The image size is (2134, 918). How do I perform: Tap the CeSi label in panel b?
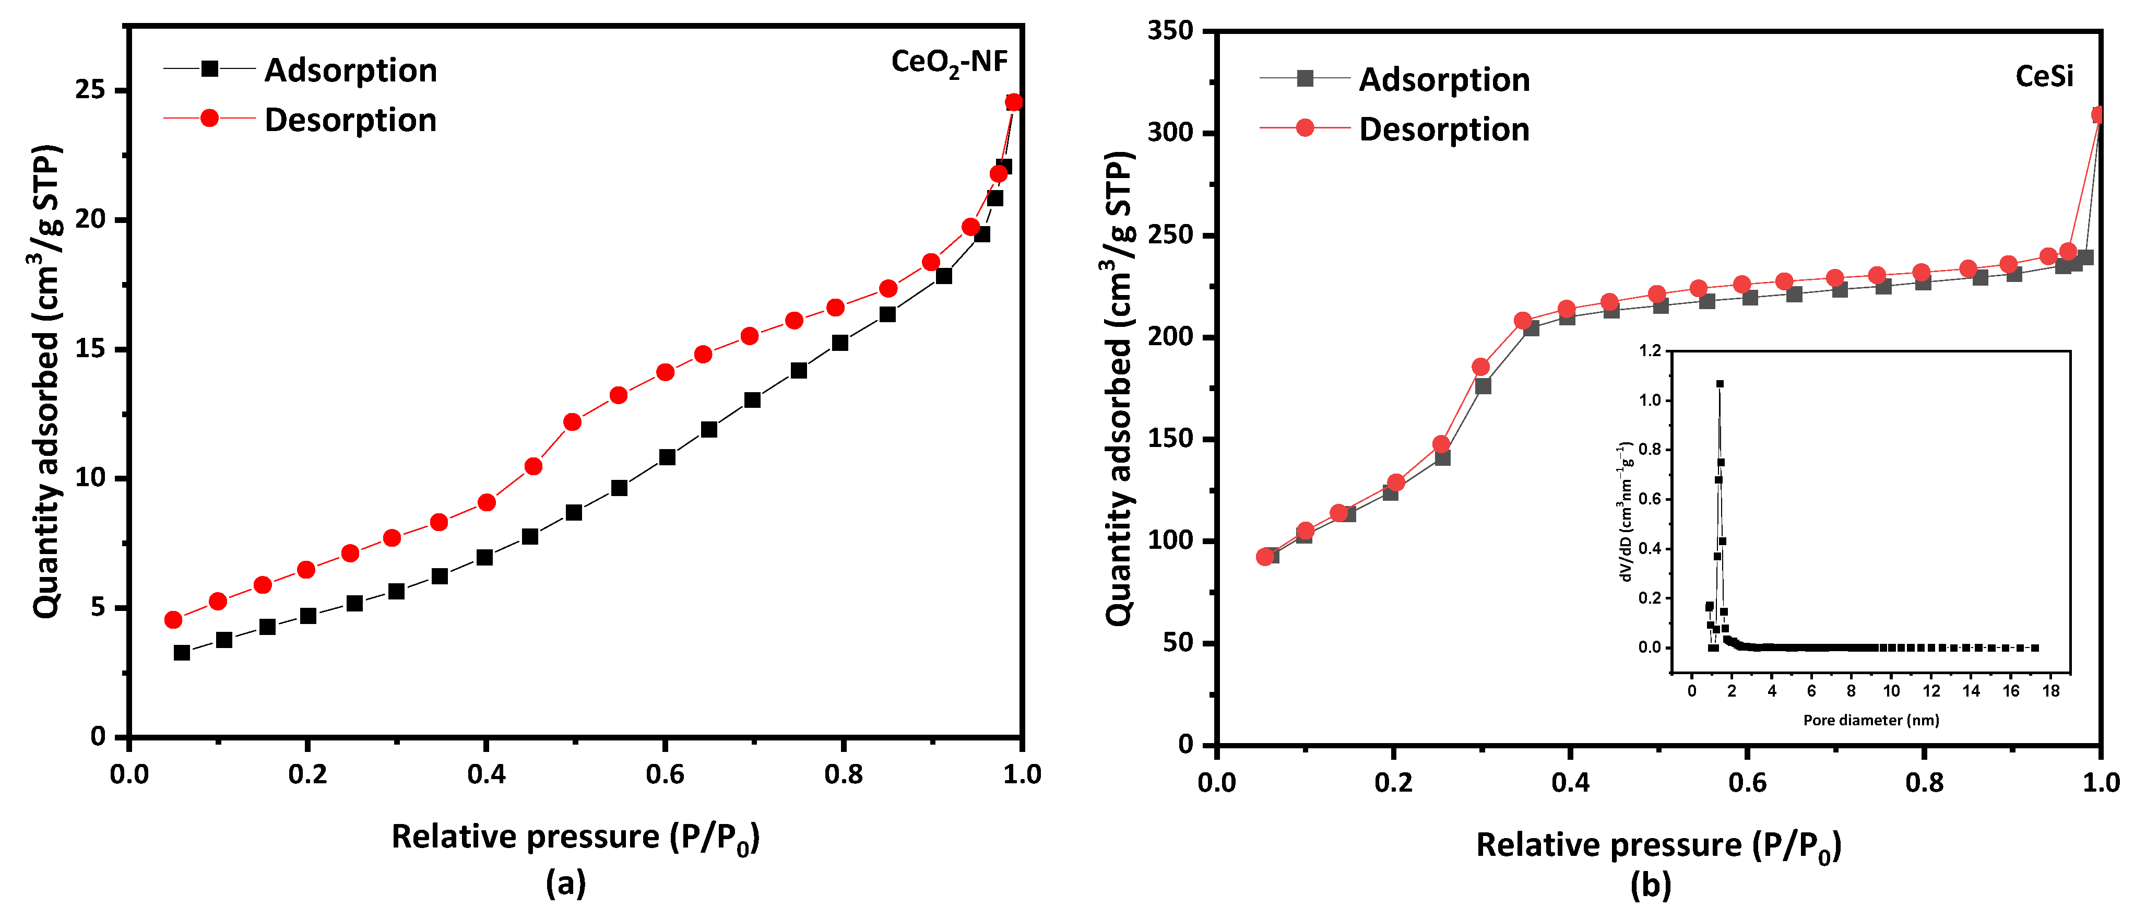tap(2044, 76)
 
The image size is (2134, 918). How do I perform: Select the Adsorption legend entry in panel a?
tap(350, 70)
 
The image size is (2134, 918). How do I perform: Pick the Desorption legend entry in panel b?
tap(1444, 130)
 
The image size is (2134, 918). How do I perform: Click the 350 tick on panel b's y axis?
tap(1170, 31)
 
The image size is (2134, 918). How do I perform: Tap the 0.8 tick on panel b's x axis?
tap(1924, 782)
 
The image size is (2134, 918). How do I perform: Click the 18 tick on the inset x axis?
tap(2050, 691)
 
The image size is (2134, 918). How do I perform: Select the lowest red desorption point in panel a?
tap(173, 620)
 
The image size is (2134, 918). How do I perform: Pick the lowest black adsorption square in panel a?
tap(182, 653)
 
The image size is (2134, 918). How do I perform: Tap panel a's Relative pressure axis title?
tap(575, 838)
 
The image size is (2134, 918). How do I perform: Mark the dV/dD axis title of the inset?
tap(1626, 511)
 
